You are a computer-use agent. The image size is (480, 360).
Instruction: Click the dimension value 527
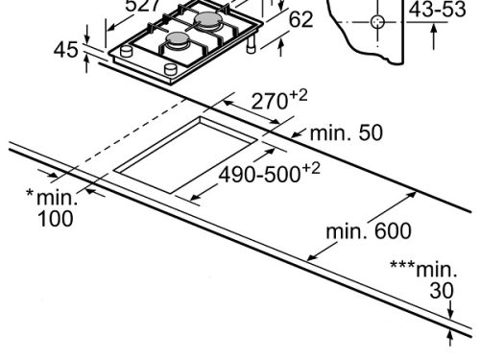pos(143,6)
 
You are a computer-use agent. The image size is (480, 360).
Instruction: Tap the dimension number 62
pos(300,20)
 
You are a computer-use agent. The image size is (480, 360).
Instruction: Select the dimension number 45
pos(66,50)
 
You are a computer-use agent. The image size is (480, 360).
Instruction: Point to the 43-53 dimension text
pos(437,10)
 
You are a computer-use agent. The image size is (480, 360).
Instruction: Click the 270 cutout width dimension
pos(279,100)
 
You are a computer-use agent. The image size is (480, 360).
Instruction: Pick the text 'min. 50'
pos(346,132)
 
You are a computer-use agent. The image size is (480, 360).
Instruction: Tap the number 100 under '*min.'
pos(56,219)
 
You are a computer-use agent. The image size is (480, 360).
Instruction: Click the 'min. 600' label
pos(369,231)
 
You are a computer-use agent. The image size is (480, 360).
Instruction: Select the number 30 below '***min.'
pos(442,291)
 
